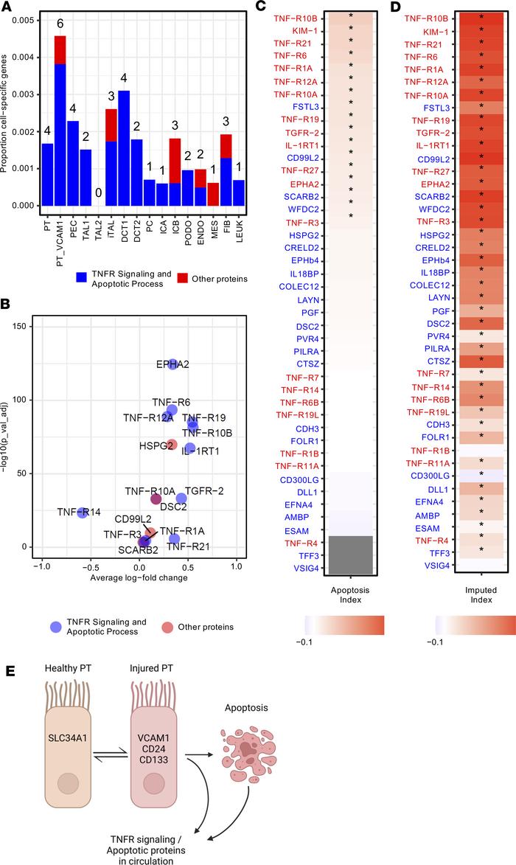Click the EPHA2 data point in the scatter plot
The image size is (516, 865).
click(x=172, y=364)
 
